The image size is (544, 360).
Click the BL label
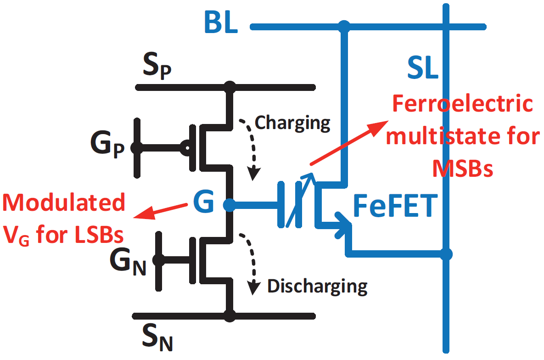click(x=221, y=24)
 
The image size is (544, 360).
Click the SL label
click(x=423, y=70)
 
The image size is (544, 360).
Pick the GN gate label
click(x=128, y=262)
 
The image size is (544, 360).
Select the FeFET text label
click(x=393, y=207)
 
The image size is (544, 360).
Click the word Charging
click(x=292, y=123)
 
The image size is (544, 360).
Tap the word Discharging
click(x=317, y=286)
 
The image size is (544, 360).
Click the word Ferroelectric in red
click(x=462, y=105)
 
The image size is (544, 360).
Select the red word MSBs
click(x=462, y=169)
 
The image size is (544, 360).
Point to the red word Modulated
click(x=64, y=202)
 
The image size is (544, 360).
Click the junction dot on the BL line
click(x=343, y=26)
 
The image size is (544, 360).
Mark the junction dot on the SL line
click(x=446, y=253)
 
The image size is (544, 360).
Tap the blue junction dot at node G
click(x=230, y=205)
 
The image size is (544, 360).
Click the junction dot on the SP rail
click(x=230, y=86)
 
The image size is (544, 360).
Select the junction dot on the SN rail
click(x=230, y=316)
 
